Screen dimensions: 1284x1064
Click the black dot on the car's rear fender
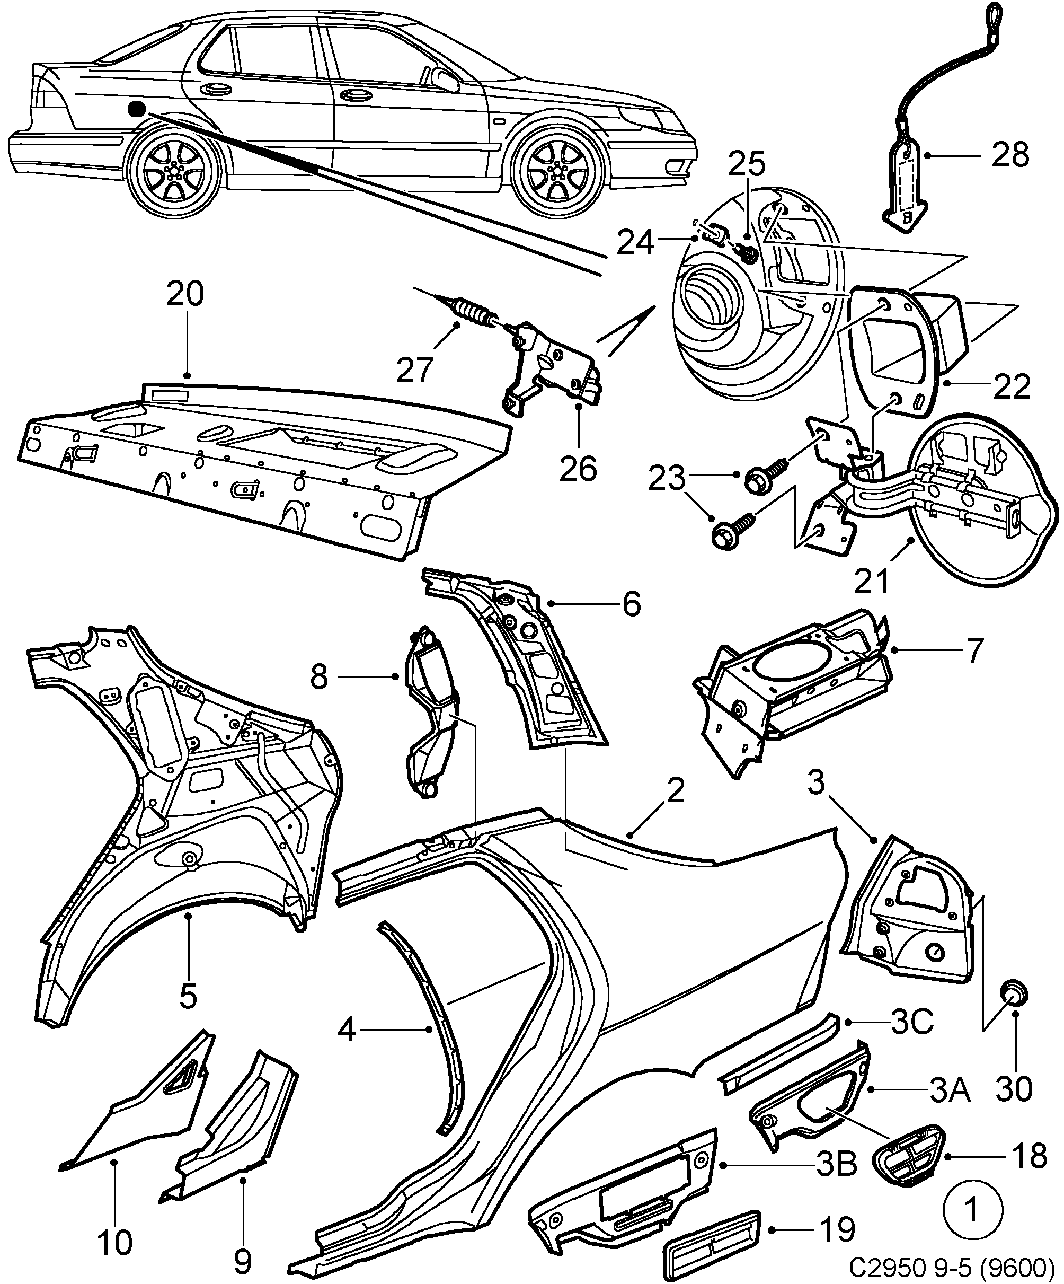[136, 109]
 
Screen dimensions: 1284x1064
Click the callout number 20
[185, 294]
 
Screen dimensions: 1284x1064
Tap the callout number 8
[319, 677]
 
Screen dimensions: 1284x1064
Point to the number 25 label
[747, 163]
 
